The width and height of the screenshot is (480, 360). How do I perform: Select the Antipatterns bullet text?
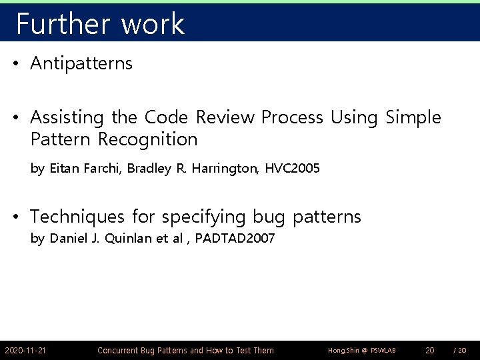click(81, 64)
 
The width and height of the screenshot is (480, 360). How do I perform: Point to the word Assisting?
click(67, 119)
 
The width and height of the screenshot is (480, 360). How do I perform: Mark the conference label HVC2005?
click(292, 169)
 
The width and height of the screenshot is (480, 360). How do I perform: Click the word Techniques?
click(77, 217)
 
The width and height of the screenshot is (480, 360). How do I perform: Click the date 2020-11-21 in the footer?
click(25, 350)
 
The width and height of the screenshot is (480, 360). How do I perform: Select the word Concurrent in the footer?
click(120, 350)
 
